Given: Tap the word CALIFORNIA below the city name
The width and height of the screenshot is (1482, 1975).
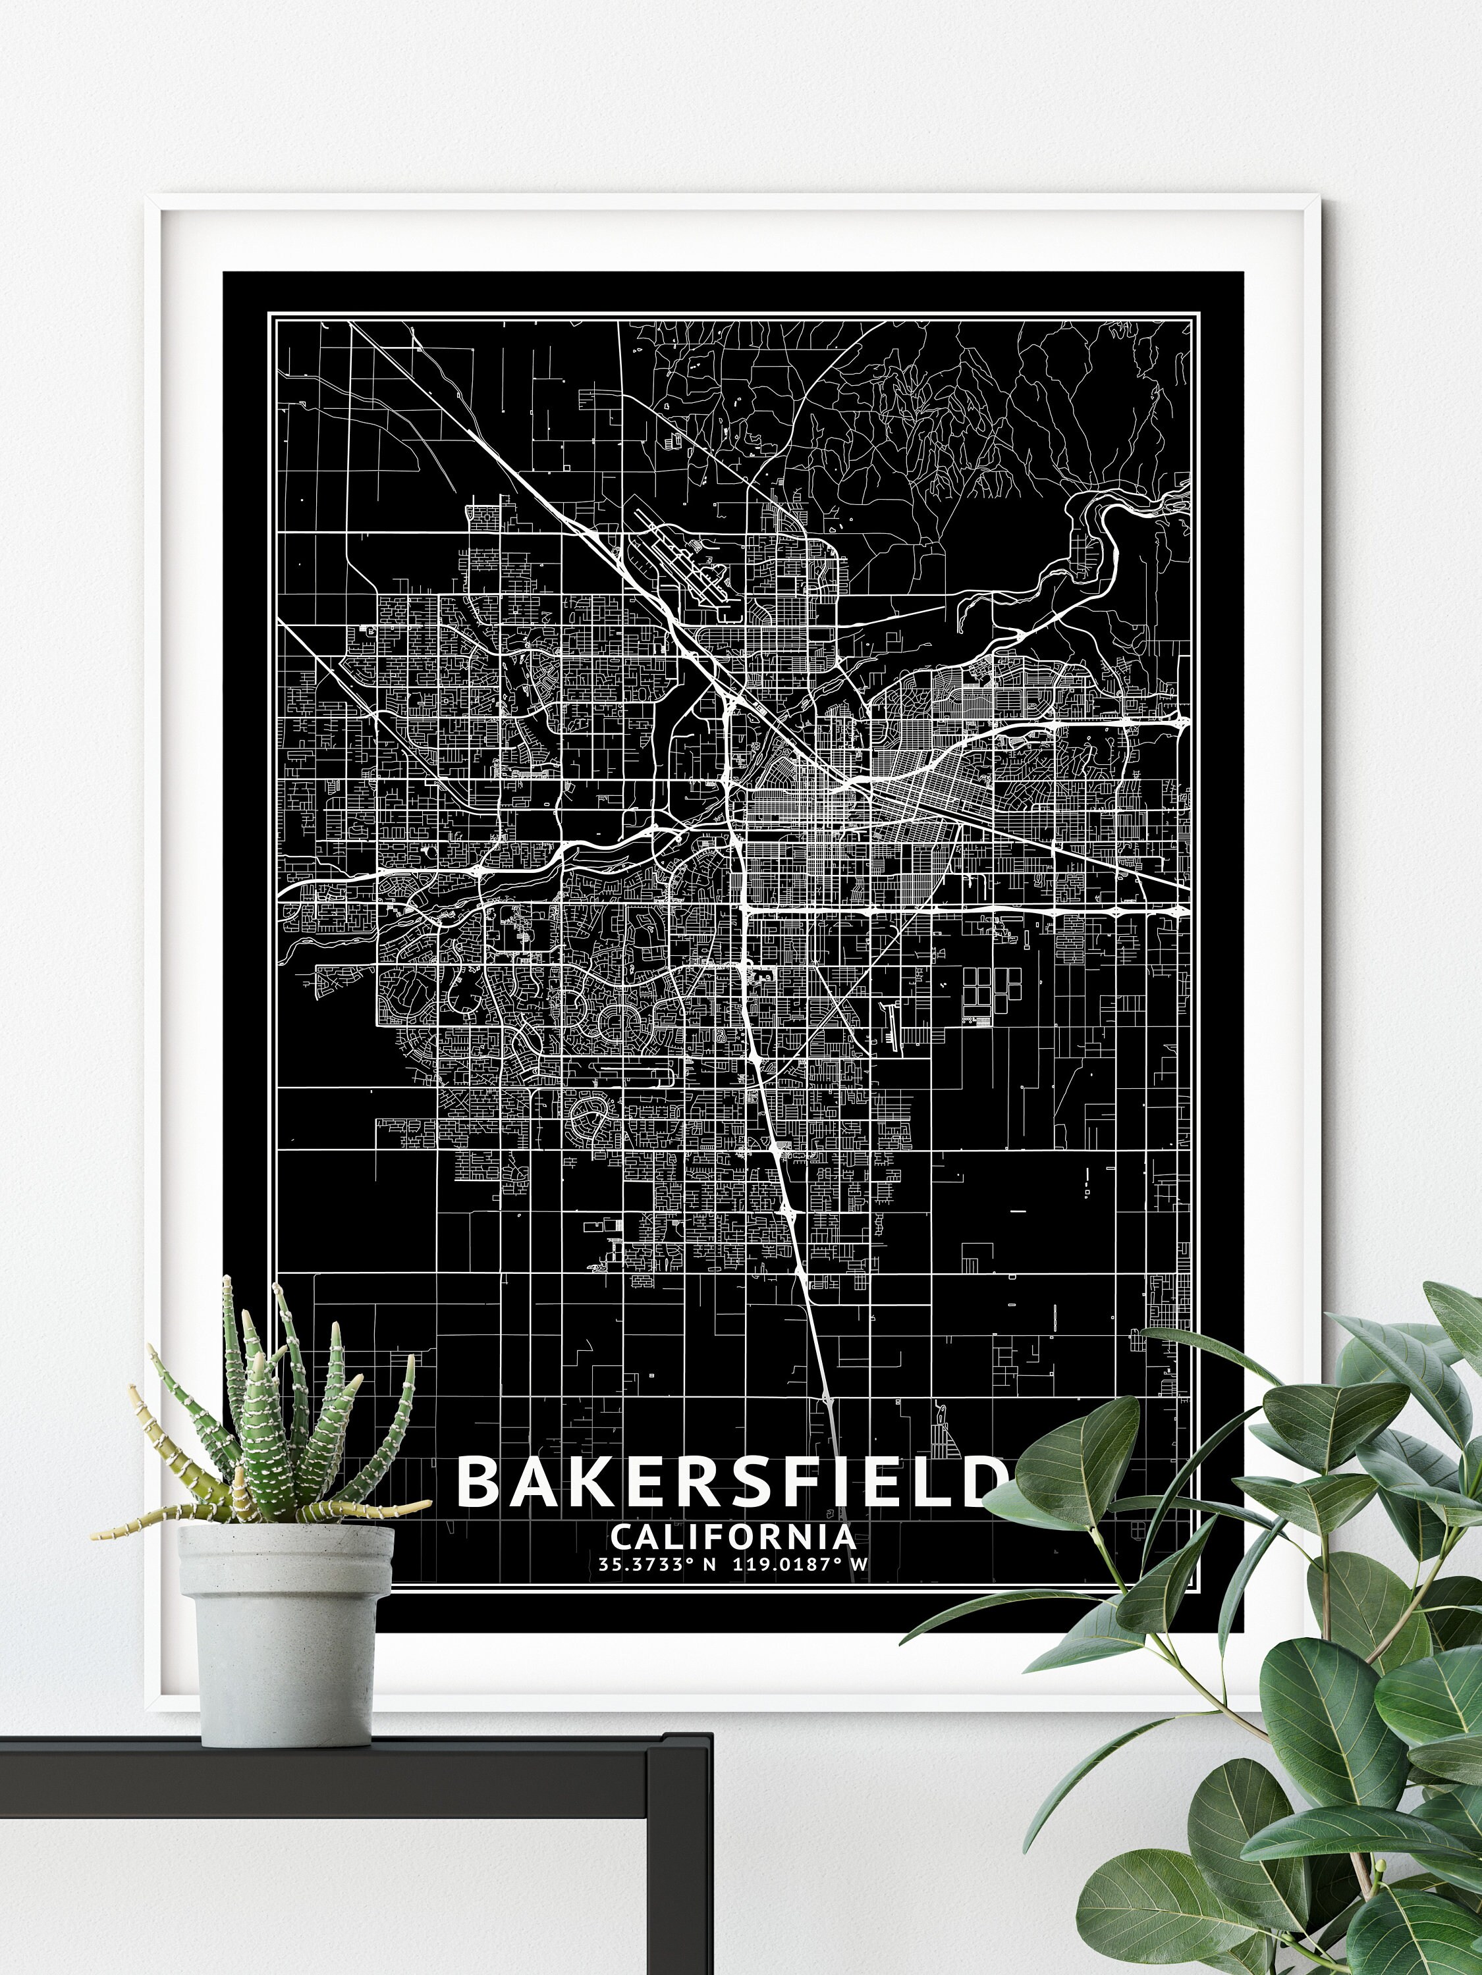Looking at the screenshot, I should [x=732, y=1537].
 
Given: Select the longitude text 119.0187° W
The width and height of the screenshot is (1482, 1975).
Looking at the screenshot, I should [x=800, y=1564].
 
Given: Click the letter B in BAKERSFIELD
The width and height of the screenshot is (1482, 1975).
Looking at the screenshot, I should [x=481, y=1481].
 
